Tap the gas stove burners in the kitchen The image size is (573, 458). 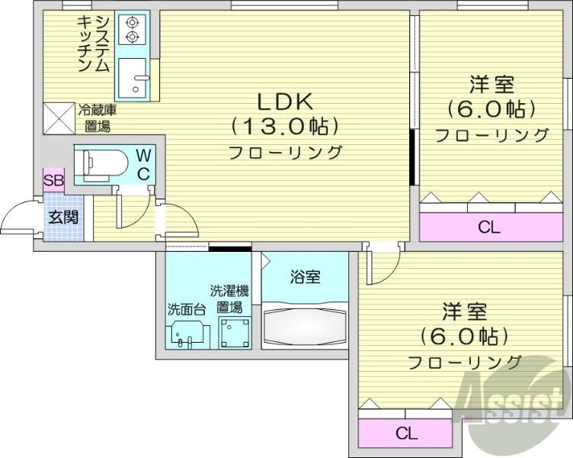tap(133, 29)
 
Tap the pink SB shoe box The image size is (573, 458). tap(53, 181)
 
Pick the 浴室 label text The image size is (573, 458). tap(305, 276)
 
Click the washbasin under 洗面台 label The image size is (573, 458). tap(187, 333)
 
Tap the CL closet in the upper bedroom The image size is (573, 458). tap(489, 226)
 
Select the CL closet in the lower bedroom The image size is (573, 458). tap(406, 434)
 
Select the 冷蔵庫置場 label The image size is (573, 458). tap(96, 118)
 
